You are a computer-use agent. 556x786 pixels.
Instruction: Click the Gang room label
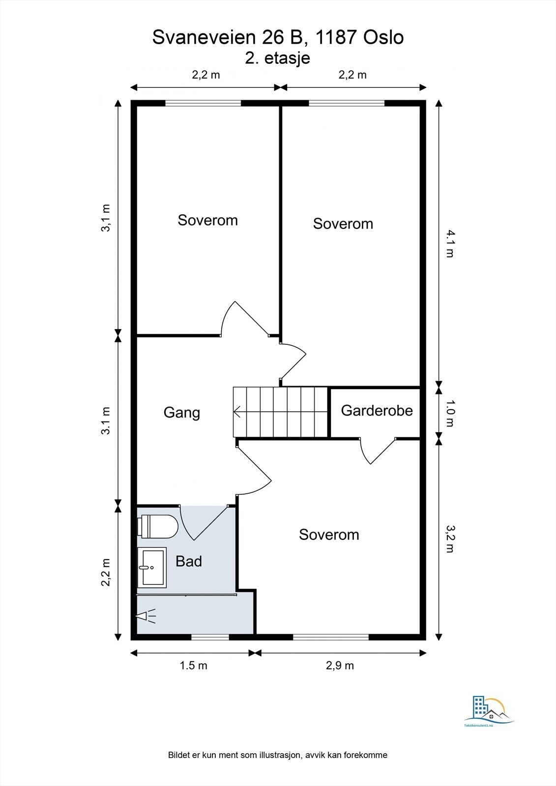pos(181,413)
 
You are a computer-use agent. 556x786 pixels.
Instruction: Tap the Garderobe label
pos(377,411)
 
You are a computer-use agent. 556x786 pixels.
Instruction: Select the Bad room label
pos(189,561)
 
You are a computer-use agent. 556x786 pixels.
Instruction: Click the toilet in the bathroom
pos(158,527)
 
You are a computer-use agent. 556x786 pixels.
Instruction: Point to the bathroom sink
pos(152,567)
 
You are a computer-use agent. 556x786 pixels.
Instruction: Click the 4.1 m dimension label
pos(450,244)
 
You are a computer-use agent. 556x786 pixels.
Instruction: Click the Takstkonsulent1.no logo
pos(489,714)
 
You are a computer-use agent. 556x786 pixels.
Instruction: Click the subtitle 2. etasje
pos(277,58)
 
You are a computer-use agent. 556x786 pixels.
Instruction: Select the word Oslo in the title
pos(383,37)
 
